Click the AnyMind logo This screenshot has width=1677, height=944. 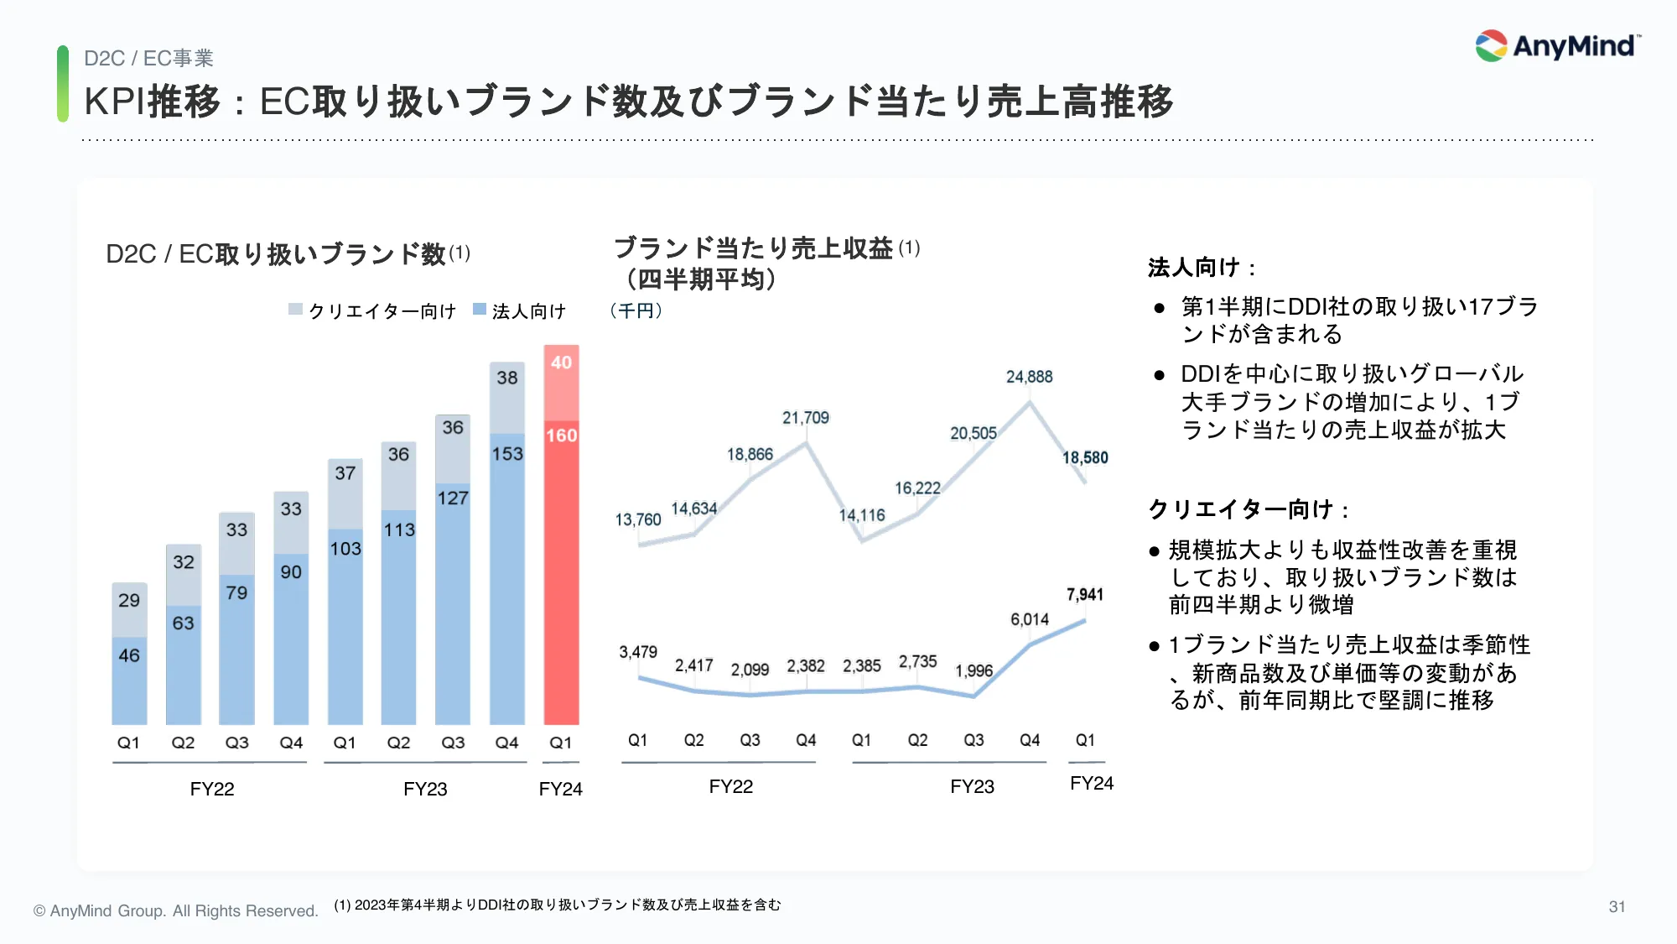click(x=1557, y=46)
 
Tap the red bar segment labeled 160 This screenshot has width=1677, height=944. click(x=561, y=571)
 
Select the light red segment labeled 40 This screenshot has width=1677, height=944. click(x=561, y=382)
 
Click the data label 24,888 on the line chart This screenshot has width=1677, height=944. click(x=1029, y=377)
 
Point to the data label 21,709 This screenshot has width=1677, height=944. click(x=805, y=418)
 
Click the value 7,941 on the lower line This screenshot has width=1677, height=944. click(x=1084, y=595)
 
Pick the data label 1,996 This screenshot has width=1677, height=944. click(x=973, y=671)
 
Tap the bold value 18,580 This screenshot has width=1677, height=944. click(x=1085, y=458)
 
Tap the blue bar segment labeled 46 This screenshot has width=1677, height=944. click(x=129, y=680)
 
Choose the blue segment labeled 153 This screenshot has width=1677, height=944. click(x=507, y=579)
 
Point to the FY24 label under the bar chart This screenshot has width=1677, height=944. click(x=560, y=789)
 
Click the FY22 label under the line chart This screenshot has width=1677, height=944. click(x=730, y=786)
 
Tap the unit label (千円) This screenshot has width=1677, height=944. click(x=636, y=311)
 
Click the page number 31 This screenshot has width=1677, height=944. click(x=1617, y=907)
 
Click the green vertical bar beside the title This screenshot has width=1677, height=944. click(x=63, y=84)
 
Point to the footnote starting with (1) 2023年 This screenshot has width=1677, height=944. click(x=557, y=905)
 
